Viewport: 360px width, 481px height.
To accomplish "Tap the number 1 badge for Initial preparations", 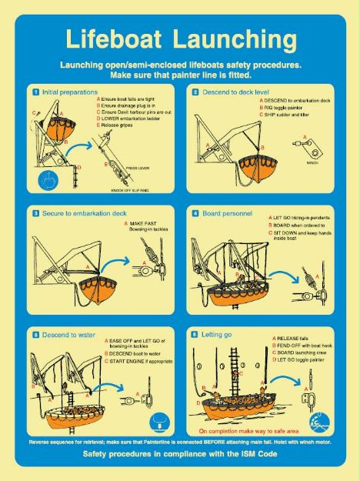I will tap(35, 92).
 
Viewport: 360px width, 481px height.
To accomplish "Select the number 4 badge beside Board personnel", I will tap(195, 212).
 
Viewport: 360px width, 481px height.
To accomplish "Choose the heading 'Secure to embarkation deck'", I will tap(78, 212).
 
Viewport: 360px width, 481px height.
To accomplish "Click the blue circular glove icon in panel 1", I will tap(48, 182).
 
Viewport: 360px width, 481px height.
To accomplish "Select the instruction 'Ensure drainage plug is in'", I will tap(133, 106).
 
